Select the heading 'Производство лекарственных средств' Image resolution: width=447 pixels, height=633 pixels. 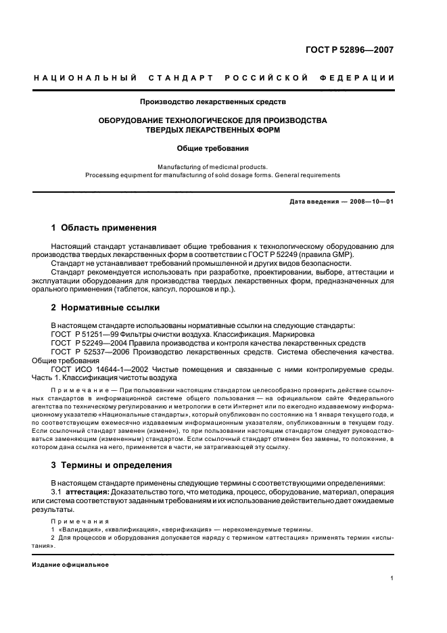point(212,102)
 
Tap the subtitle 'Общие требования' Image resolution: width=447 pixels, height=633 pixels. point(212,147)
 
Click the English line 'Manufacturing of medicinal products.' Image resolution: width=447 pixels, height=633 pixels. point(212,166)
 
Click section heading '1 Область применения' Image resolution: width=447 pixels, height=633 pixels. point(104,227)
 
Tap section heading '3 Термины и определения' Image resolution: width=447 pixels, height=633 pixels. point(112,465)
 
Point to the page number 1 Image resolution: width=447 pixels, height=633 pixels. point(393,578)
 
